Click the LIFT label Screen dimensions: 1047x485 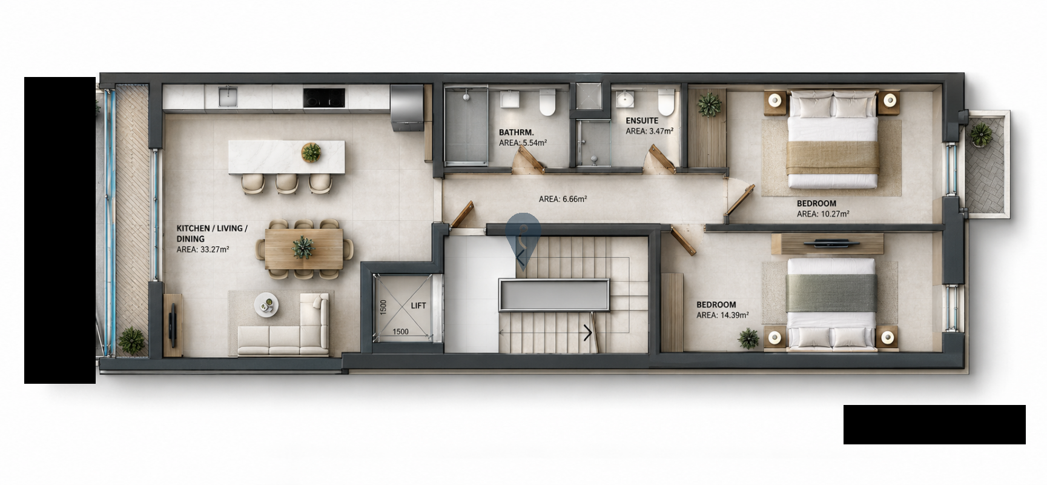[x=418, y=306]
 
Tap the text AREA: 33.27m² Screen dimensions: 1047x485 [x=202, y=249]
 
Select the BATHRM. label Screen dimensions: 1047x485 [x=516, y=132]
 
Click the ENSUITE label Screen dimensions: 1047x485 [x=642, y=121]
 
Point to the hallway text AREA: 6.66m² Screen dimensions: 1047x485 [x=563, y=199]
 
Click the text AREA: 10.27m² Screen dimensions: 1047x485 [x=823, y=214]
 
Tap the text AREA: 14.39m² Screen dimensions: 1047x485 [x=722, y=315]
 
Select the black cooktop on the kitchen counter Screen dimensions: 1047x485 [x=324, y=98]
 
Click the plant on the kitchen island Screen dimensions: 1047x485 [x=311, y=152]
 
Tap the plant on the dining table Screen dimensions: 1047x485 [x=303, y=247]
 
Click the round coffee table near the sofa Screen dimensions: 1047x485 [x=266, y=304]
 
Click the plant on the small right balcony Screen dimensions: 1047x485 [x=980, y=135]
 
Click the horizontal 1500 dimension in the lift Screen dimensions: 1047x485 [x=400, y=332]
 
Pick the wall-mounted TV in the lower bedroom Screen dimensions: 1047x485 [x=827, y=243]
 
